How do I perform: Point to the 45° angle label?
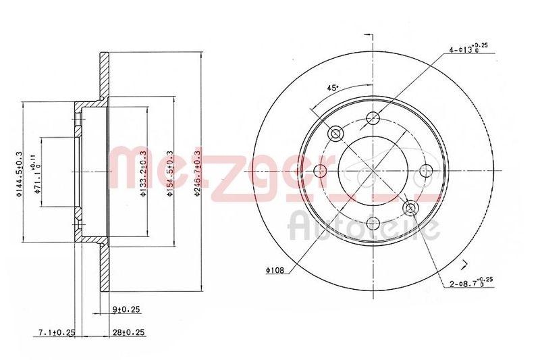coord(333,87)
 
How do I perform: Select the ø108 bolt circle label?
coord(274,271)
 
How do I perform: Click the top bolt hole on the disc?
coord(373,120)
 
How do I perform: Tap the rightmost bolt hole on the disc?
coord(425,172)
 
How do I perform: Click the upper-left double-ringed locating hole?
coord(335,134)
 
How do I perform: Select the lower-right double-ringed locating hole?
coord(410,209)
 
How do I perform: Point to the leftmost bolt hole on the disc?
coord(320,172)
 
